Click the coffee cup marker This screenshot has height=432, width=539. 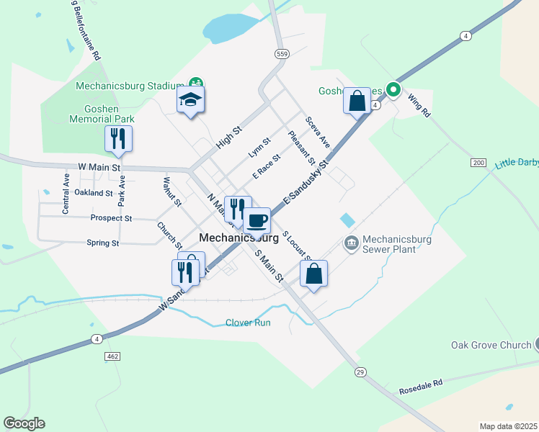(x=257, y=220)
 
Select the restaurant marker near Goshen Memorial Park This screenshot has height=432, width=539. (x=119, y=139)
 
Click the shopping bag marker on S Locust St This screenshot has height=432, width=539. (x=313, y=274)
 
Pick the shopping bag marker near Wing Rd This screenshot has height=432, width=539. (x=357, y=101)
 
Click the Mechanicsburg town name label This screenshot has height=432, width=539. (x=239, y=237)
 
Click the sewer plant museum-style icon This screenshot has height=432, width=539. (x=351, y=243)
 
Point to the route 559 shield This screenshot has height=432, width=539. (x=282, y=54)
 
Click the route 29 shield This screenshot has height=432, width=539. (x=360, y=372)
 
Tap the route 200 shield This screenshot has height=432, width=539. (x=478, y=163)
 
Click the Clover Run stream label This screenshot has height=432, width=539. (x=248, y=323)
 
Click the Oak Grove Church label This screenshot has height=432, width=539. (x=491, y=345)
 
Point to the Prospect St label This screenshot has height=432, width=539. (x=111, y=217)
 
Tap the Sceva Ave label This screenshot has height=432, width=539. (x=317, y=132)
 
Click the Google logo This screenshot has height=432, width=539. (x=24, y=423)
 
